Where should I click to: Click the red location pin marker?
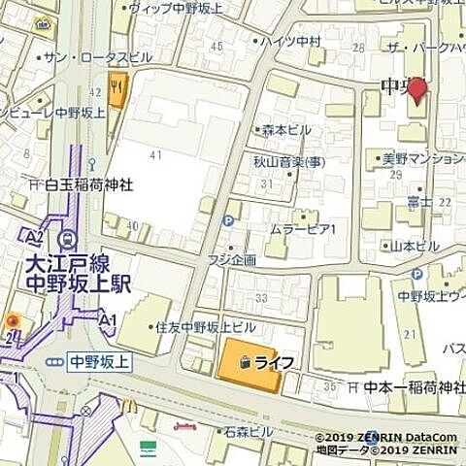click(x=416, y=91)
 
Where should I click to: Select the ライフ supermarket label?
click(x=273, y=361)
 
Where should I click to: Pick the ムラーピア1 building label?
click(x=302, y=229)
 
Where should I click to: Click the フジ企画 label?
click(x=231, y=260)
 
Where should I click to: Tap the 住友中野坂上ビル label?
click(x=205, y=327)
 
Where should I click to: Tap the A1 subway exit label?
click(x=108, y=319)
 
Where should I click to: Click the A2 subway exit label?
click(x=35, y=236)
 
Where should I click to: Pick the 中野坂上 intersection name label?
click(x=101, y=361)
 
